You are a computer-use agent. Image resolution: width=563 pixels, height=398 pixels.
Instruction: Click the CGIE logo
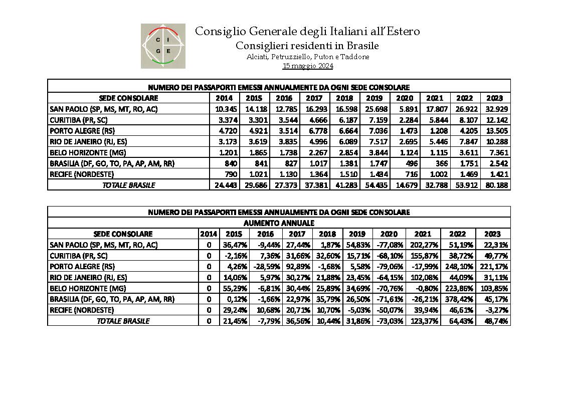[163, 46]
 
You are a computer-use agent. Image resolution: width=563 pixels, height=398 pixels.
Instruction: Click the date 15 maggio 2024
[308, 66]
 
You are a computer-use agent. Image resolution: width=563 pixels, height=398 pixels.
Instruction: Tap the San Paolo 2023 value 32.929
[497, 109]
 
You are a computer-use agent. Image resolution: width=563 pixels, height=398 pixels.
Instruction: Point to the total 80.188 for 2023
[497, 185]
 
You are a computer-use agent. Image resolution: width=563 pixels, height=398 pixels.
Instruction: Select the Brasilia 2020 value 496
[412, 163]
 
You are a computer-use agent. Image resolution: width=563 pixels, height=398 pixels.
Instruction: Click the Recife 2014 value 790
[231, 174]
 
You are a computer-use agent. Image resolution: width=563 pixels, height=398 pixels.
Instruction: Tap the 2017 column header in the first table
[314, 98]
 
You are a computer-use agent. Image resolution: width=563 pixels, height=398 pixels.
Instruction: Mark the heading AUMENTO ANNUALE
[279, 223]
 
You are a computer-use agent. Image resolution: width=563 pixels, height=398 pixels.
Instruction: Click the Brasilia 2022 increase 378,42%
[461, 299]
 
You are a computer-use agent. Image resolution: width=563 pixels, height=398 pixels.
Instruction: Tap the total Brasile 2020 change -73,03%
[389, 321]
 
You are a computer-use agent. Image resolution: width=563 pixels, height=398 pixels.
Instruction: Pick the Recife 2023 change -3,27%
[497, 310]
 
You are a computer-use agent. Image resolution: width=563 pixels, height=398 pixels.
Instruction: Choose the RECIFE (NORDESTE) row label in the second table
[82, 310]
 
